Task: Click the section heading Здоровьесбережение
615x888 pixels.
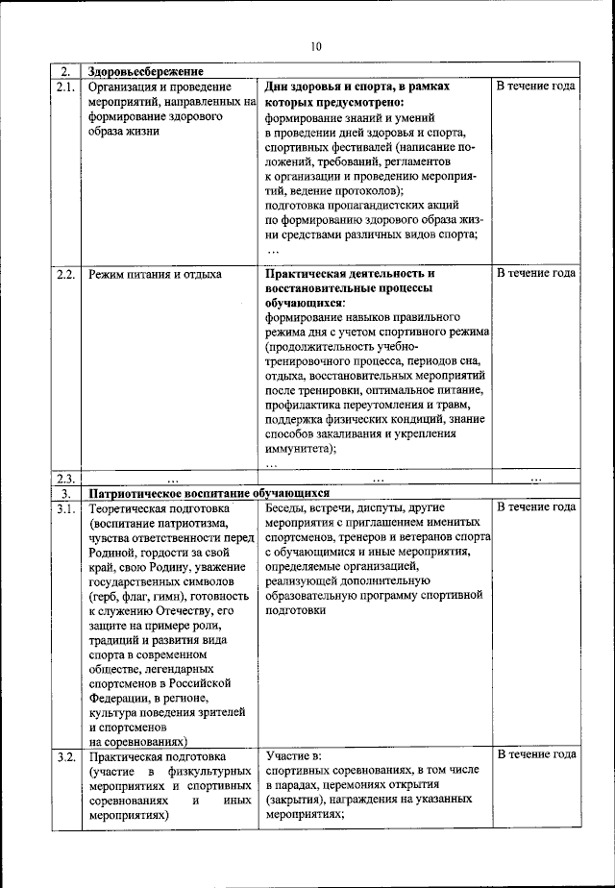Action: pyautogui.click(x=144, y=72)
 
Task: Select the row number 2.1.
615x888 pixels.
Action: pyautogui.click(x=65, y=86)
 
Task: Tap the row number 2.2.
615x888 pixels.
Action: pyautogui.click(x=65, y=274)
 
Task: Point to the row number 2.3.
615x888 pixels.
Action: pyautogui.click(x=65, y=479)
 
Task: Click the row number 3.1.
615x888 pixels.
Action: pyautogui.click(x=65, y=506)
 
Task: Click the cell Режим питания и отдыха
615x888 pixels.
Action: pyautogui.click(x=155, y=274)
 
